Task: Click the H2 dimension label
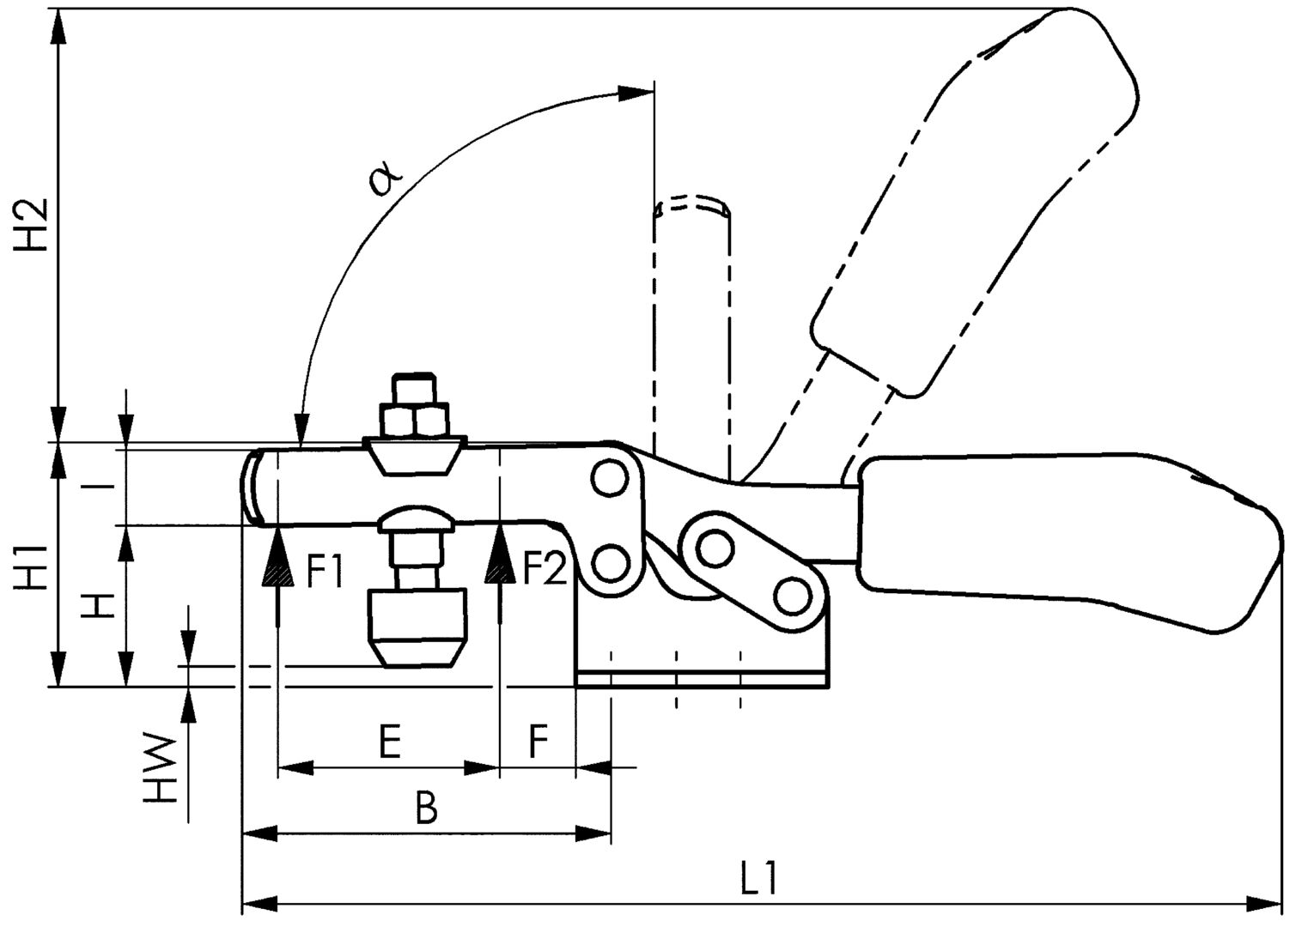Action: click(x=32, y=226)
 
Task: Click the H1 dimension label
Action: click(x=32, y=566)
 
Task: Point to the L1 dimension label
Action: click(x=759, y=881)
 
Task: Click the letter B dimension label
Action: click(x=427, y=808)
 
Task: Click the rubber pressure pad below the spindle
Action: click(x=417, y=625)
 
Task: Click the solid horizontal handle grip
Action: click(x=1065, y=536)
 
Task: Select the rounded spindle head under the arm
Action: click(x=415, y=520)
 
